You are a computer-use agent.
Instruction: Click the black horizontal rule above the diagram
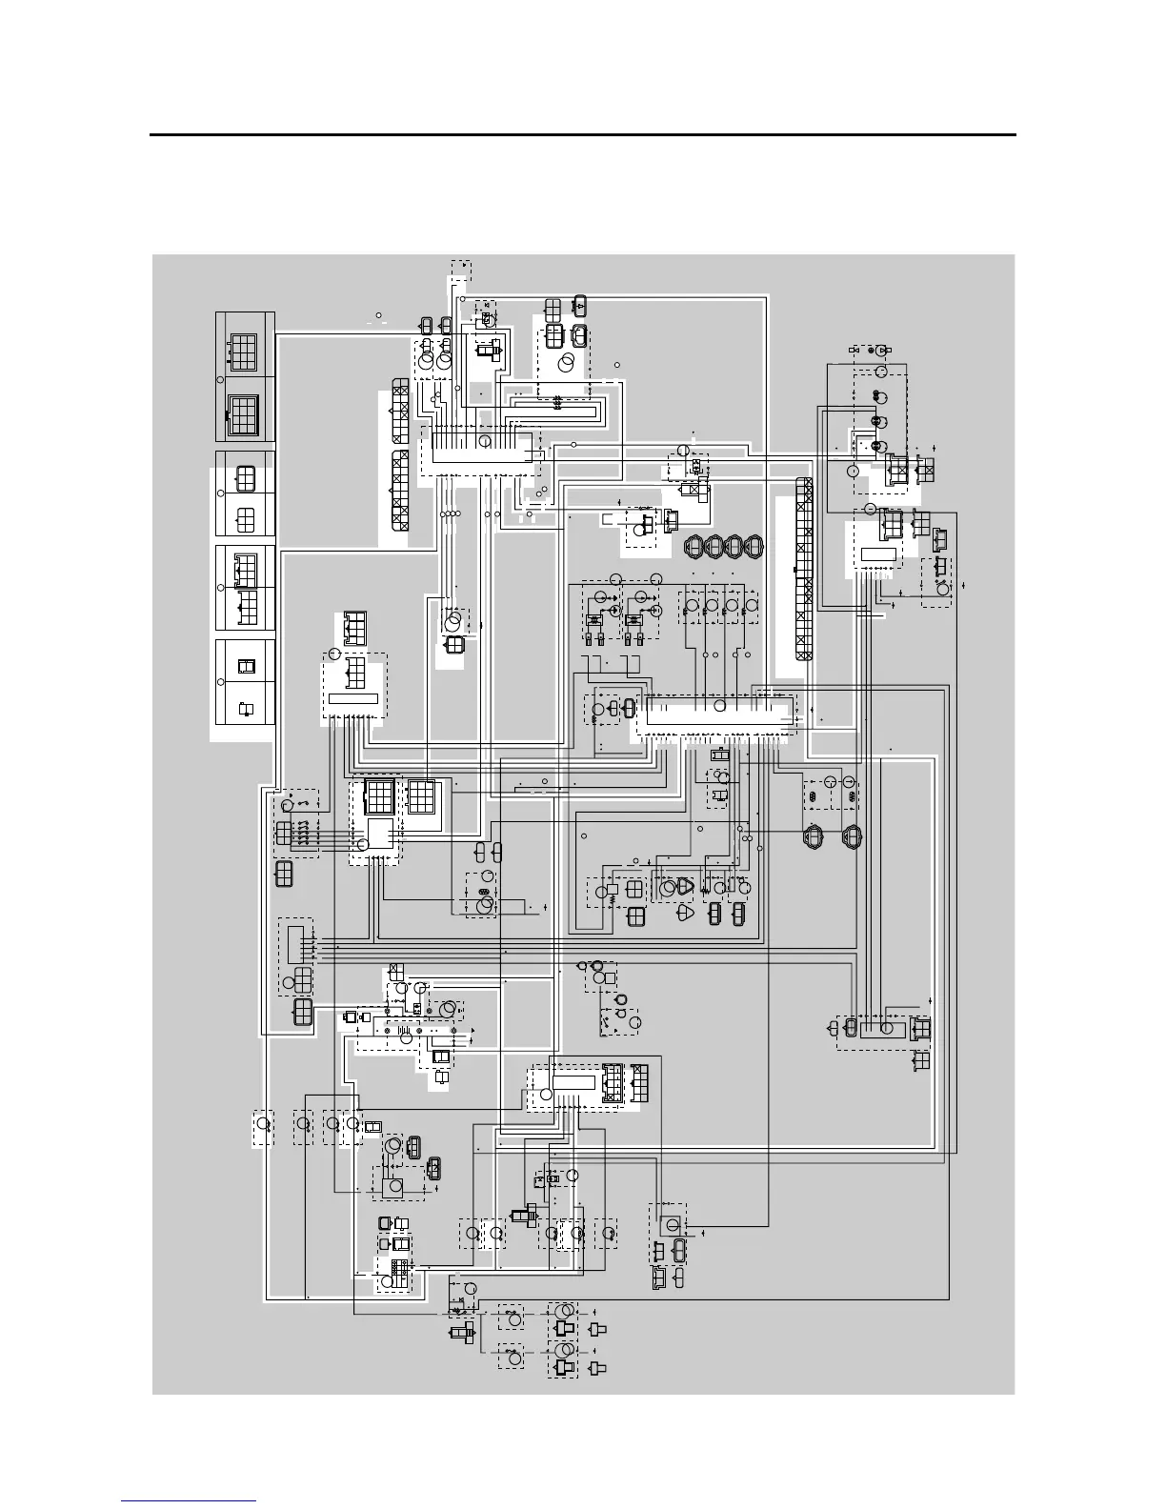coord(583,135)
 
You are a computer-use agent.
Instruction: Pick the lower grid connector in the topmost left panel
coord(245,413)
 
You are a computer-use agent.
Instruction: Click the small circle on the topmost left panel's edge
coord(220,380)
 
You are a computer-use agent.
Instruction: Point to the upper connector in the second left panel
coord(245,475)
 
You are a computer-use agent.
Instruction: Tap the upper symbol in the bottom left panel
coord(245,666)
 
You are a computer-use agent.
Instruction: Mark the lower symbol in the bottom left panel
coord(245,708)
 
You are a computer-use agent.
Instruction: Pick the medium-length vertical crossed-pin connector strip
coord(400,492)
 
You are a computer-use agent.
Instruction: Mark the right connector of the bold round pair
coord(851,835)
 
